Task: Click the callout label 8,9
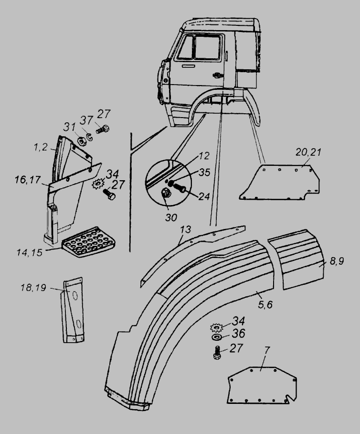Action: pos(337,262)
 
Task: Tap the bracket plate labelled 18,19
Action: pos(73,311)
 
